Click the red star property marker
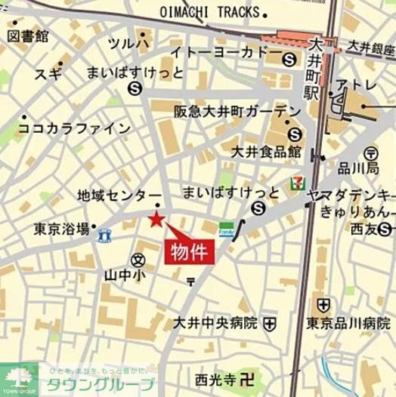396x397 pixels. pyautogui.click(x=156, y=220)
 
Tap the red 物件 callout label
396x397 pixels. pyautogui.click(x=189, y=251)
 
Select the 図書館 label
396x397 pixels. pyautogui.click(x=29, y=35)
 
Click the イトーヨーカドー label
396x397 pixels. pyautogui.click(x=220, y=54)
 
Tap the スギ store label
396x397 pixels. pyautogui.click(x=47, y=74)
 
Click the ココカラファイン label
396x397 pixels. pyautogui.click(x=75, y=128)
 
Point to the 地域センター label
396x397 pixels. pyautogui.click(x=119, y=195)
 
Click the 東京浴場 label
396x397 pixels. pyautogui.click(x=63, y=228)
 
